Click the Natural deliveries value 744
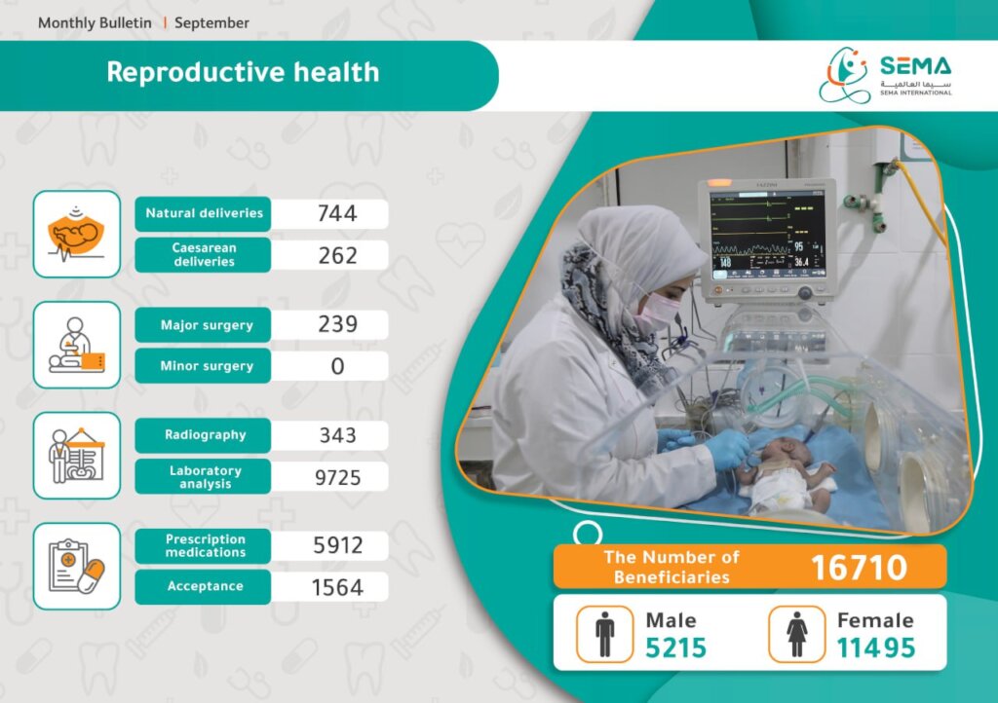point(336,213)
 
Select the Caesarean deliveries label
point(204,255)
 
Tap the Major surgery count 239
point(337,325)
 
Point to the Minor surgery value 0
point(337,366)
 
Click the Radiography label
point(205,435)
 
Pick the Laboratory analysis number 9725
point(337,477)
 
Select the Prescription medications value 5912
point(337,545)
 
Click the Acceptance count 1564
point(337,587)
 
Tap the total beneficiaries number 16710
point(859,568)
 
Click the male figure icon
point(604,634)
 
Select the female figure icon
point(796,634)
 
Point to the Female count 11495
point(876,647)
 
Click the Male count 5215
point(676,647)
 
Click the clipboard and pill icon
point(76,567)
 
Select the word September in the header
point(211,23)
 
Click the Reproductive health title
point(243,72)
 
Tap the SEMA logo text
point(915,65)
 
